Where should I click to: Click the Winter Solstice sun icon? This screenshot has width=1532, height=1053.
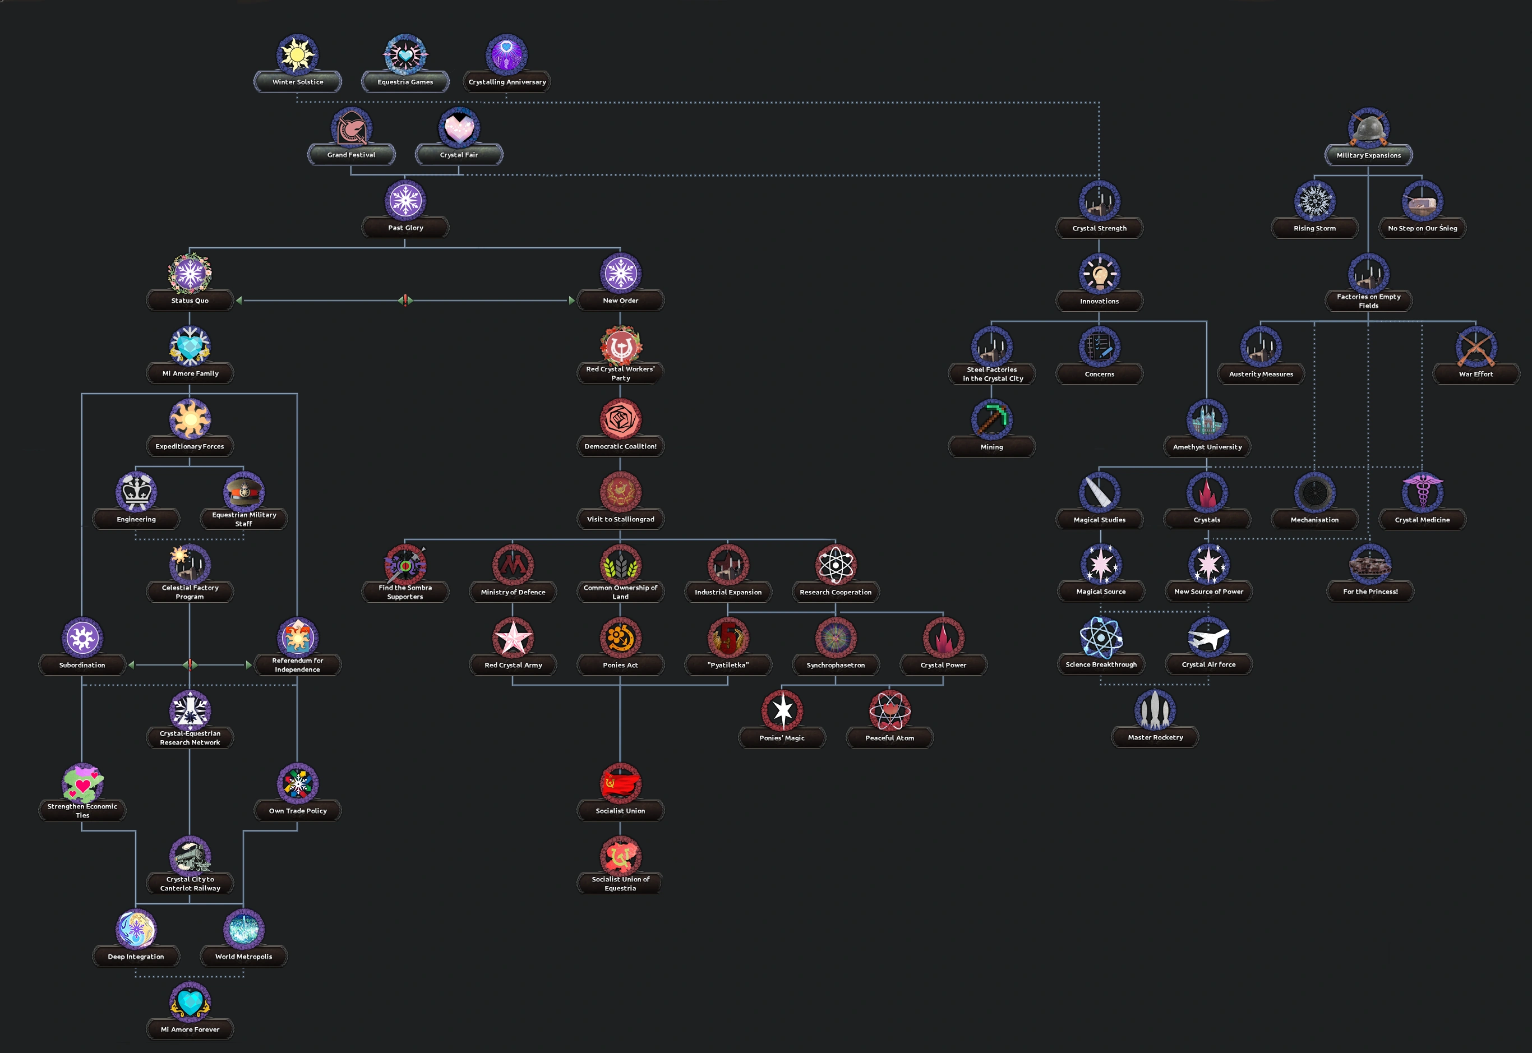297,54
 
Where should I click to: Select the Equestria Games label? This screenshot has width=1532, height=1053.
405,82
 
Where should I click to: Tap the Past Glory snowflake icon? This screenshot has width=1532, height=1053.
405,200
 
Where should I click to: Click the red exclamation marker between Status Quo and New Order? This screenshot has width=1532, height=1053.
404,300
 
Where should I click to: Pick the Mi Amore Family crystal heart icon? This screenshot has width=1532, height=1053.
190,346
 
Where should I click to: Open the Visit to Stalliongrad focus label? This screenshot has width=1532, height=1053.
620,519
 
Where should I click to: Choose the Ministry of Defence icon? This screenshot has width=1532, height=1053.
513,564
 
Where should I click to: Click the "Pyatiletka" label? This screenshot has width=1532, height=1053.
728,665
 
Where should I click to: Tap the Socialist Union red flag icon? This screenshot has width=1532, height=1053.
620,783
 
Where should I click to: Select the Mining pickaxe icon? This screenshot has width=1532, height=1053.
991,419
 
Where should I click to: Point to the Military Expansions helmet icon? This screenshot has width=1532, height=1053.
1368,127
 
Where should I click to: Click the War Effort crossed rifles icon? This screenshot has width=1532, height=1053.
1475,347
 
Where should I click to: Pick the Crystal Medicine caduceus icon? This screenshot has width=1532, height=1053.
1422,492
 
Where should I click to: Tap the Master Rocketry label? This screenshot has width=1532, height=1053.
1155,738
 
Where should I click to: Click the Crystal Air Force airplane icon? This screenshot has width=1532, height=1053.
1208,638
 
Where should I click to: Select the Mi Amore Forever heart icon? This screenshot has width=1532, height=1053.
190,1001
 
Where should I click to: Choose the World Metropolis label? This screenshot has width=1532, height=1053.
243,957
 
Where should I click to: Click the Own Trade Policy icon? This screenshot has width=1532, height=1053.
298,783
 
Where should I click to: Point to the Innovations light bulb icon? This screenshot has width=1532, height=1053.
1099,273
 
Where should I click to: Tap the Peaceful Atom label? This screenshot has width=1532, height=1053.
889,738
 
